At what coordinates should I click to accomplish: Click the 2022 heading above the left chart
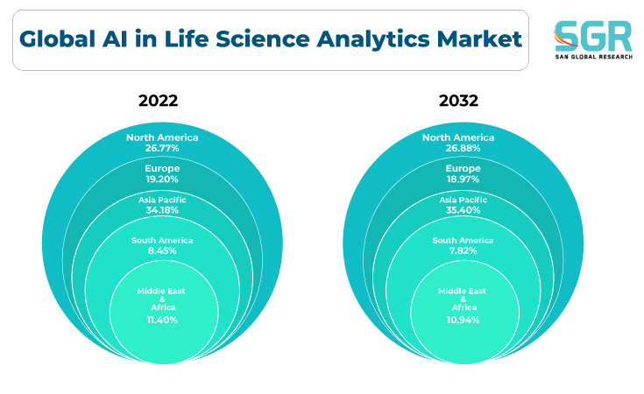pyautogui.click(x=158, y=101)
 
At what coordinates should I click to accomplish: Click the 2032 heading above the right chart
pyautogui.click(x=458, y=101)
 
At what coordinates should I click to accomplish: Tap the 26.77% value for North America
pyautogui.click(x=162, y=148)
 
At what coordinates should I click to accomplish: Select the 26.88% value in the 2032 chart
pyautogui.click(x=463, y=148)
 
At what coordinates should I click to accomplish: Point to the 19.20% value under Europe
pyautogui.click(x=162, y=179)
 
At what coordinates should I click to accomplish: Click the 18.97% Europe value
pyautogui.click(x=463, y=179)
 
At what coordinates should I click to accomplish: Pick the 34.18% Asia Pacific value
pyautogui.click(x=162, y=210)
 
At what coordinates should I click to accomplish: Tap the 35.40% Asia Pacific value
pyautogui.click(x=463, y=210)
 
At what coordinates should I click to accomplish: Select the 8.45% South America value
pyautogui.click(x=162, y=250)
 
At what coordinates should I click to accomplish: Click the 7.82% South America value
pyautogui.click(x=463, y=250)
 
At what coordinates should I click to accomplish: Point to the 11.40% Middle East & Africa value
pyautogui.click(x=162, y=320)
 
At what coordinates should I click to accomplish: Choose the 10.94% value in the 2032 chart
pyautogui.click(x=463, y=320)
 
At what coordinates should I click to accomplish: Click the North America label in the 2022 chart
pyautogui.click(x=162, y=137)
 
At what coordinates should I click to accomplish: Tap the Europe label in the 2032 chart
pyautogui.click(x=463, y=168)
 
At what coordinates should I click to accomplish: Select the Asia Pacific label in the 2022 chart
pyautogui.click(x=162, y=200)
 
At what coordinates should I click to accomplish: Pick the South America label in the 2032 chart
pyautogui.click(x=463, y=241)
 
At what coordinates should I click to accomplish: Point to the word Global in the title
pyautogui.click(x=57, y=39)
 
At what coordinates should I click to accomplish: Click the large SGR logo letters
pyautogui.click(x=593, y=36)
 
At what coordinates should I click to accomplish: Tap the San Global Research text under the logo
pyautogui.click(x=594, y=57)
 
